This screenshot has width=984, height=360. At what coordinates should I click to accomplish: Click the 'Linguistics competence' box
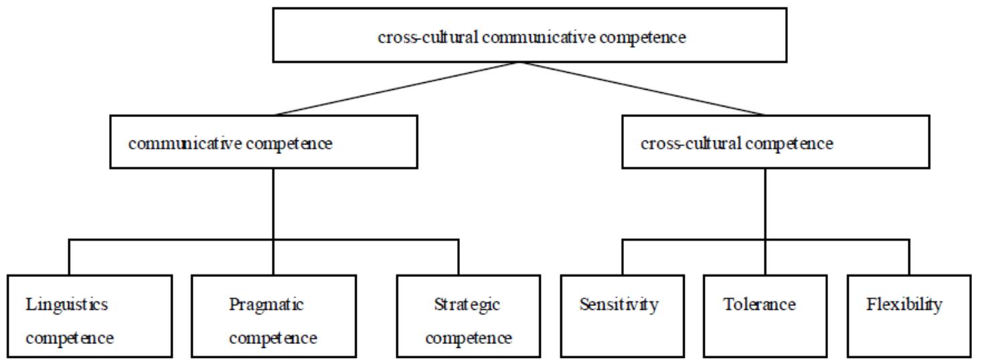pyautogui.click(x=90, y=316)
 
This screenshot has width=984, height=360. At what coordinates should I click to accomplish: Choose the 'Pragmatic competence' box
pyautogui.click(x=272, y=316)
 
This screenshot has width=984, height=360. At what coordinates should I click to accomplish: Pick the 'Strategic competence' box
pyautogui.click(x=468, y=316)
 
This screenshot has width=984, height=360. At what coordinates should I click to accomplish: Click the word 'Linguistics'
pyautogui.click(x=66, y=305)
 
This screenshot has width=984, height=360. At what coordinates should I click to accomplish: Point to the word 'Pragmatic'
pyautogui.click(x=266, y=305)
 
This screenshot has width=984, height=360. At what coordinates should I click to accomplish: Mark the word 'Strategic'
pyautogui.click(x=467, y=305)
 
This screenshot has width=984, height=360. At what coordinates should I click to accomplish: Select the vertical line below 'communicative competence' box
pyautogui.click(x=273, y=204)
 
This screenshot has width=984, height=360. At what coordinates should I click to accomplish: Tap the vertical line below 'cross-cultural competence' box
pyautogui.click(x=764, y=204)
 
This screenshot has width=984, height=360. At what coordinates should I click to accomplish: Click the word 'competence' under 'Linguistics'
pyautogui.click(x=70, y=338)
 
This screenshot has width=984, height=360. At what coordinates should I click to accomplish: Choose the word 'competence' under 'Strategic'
pyautogui.click(x=469, y=338)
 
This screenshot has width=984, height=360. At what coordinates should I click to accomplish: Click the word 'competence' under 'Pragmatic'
pyautogui.click(x=273, y=338)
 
